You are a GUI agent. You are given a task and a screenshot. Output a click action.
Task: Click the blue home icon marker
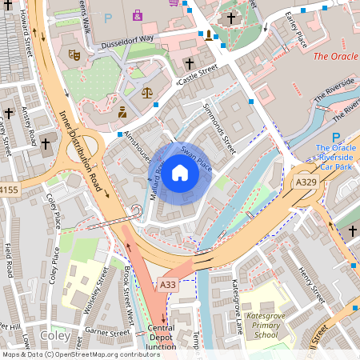tap(180, 172)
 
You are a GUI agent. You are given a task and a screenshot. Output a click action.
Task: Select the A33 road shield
tap(166, 285)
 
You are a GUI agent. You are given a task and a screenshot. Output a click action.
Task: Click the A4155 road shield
tap(8, 190)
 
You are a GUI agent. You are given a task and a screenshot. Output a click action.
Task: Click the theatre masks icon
tap(74, 54)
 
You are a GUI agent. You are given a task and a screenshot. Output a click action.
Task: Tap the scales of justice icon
tap(146, 92)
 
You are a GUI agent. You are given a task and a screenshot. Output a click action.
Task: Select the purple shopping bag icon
tap(138, 14)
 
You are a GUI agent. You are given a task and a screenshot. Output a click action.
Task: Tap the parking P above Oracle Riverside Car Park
tap(336, 136)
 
